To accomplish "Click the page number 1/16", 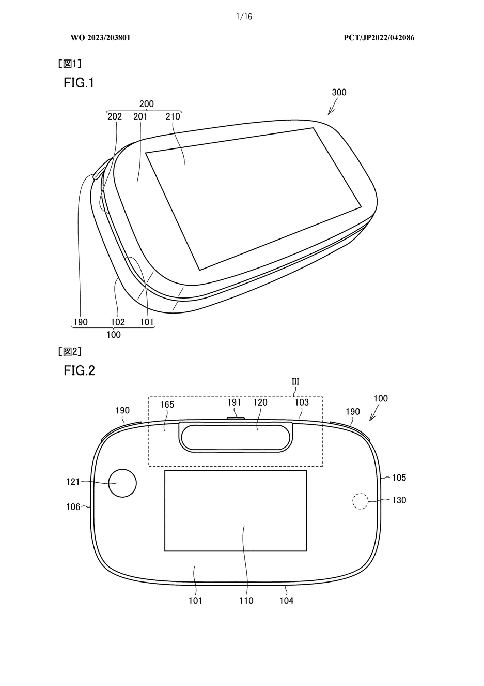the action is point(244,17).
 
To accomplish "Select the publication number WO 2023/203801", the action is point(100,38).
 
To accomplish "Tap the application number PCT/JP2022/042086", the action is point(379,38).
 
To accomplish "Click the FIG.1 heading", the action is point(79,83).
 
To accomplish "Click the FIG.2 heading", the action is point(79,370).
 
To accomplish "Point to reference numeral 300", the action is point(339,92).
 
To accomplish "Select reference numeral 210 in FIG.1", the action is point(173,116).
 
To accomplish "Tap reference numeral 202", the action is point(115,116).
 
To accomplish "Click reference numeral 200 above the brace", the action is point(147,104).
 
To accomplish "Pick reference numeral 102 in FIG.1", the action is point(118,322).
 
